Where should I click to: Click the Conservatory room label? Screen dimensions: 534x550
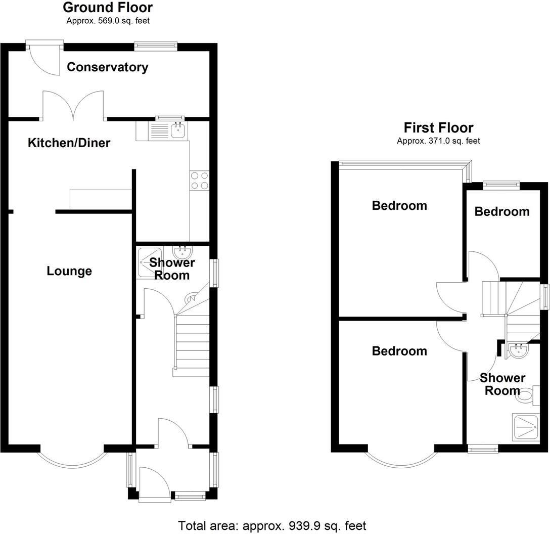click(108, 67)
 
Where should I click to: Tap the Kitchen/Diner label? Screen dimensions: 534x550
click(69, 143)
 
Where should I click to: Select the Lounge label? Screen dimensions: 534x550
click(69, 271)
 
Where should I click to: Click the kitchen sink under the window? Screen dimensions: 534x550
click(178, 131)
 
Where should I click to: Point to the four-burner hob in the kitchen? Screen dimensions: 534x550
click(199, 181)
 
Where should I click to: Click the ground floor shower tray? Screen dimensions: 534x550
click(149, 262)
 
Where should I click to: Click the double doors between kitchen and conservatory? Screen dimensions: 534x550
click(74, 106)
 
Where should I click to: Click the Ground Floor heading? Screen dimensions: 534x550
click(108, 8)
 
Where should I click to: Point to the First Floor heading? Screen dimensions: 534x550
click(438, 127)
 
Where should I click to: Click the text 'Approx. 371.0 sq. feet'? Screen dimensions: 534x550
click(438, 141)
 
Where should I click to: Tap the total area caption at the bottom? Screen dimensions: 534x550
click(272, 525)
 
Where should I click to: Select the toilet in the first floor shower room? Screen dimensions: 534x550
click(527, 395)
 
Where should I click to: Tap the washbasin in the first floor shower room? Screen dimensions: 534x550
click(517, 350)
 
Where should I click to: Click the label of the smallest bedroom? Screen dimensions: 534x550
click(502, 211)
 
